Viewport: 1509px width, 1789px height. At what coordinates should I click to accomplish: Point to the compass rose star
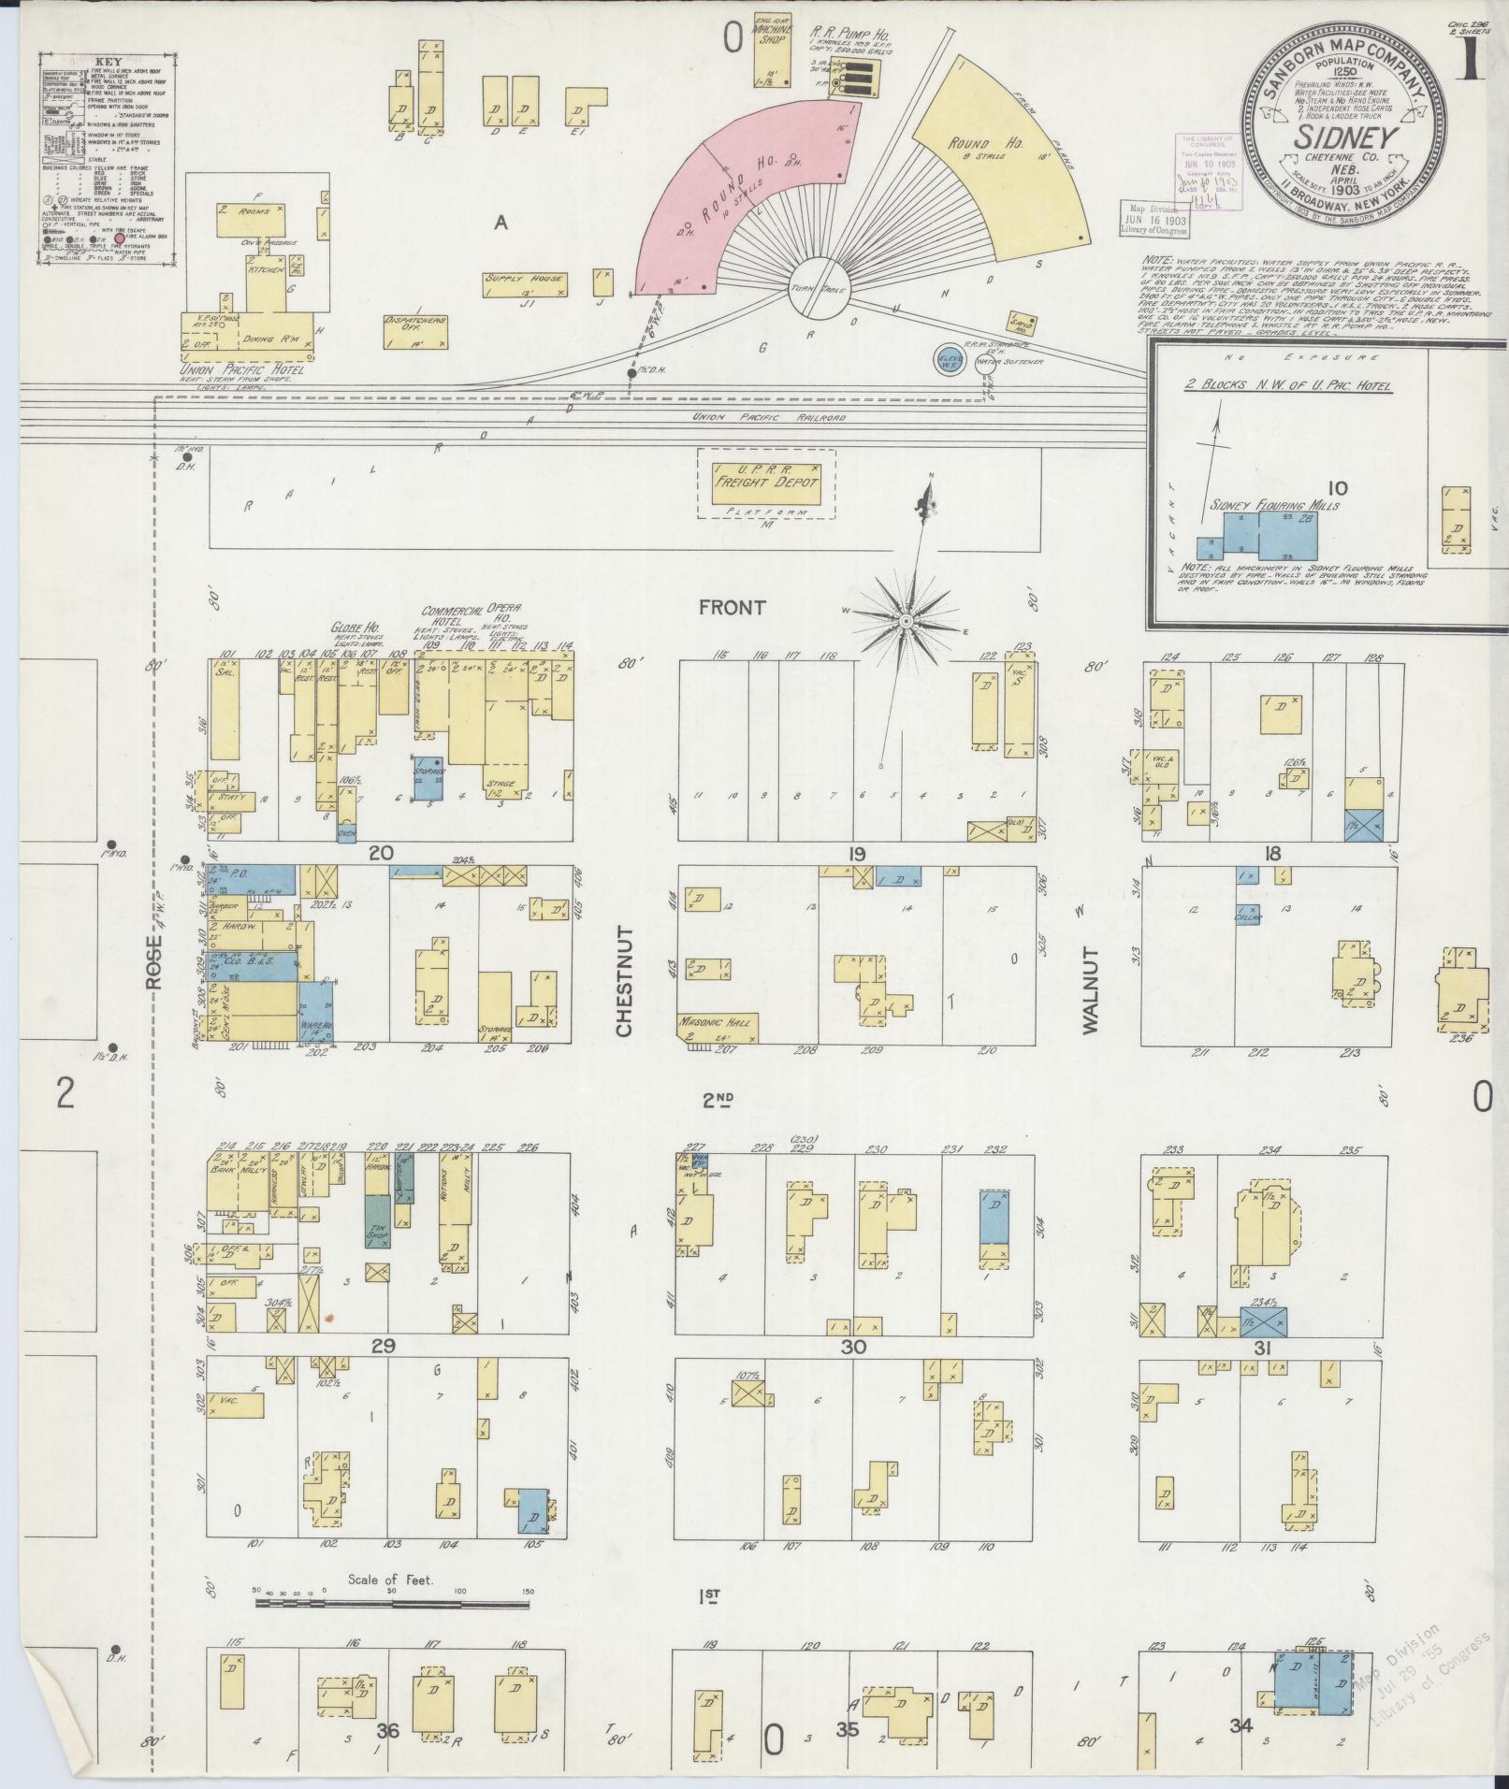905,620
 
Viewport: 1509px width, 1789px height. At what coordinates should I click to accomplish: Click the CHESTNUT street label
624,981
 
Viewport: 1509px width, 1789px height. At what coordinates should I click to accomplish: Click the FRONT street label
732,608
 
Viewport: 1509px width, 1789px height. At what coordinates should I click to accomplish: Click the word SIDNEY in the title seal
1346,138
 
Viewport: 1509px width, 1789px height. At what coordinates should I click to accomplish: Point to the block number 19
856,853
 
